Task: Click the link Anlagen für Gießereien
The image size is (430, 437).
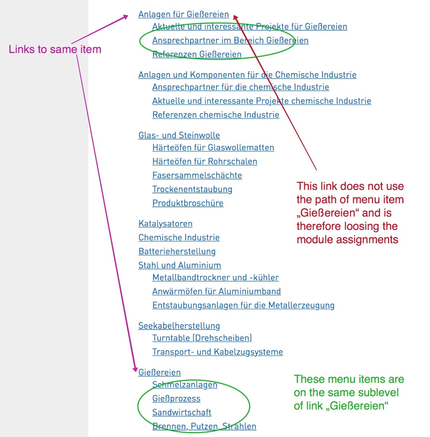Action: click(x=183, y=14)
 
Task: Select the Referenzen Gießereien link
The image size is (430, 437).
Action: click(x=197, y=54)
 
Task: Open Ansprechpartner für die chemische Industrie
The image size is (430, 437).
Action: click(x=241, y=87)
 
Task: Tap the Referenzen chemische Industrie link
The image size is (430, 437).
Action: click(x=216, y=115)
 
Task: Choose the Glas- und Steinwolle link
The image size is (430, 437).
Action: click(x=179, y=135)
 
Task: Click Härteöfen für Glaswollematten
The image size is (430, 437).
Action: click(x=213, y=147)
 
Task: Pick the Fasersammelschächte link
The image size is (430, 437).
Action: click(x=197, y=175)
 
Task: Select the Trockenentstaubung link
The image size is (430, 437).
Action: click(x=192, y=189)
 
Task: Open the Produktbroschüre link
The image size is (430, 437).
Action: click(x=188, y=203)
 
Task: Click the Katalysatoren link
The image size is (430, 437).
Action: click(x=165, y=224)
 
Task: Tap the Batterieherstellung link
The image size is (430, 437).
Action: click(x=177, y=251)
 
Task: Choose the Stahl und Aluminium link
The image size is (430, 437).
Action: click(x=180, y=265)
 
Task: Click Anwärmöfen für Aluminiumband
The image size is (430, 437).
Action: click(x=216, y=291)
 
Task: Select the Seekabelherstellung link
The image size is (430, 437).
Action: click(x=179, y=326)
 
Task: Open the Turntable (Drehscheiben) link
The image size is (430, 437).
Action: click(x=202, y=338)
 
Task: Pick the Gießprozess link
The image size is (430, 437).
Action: click(x=176, y=398)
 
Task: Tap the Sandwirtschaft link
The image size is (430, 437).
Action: click(x=181, y=412)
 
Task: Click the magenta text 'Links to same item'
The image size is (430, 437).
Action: click(x=55, y=49)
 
